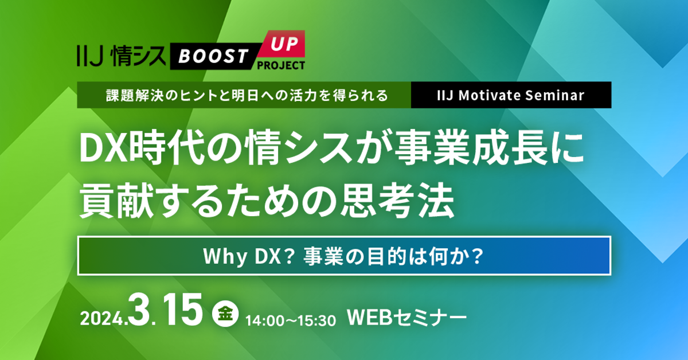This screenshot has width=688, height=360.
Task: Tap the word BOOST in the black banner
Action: tap(213, 56)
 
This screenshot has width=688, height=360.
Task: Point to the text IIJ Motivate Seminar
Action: tap(511, 95)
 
